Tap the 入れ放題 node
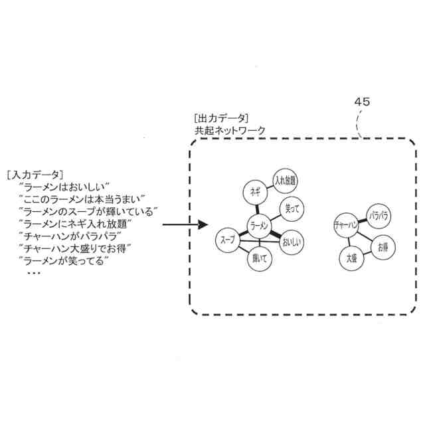coord(286,180)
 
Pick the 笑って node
coord(292,209)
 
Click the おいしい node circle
coord(292,242)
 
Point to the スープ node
coord(228,238)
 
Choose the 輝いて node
coord(260,260)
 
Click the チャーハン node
coord(347,225)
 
